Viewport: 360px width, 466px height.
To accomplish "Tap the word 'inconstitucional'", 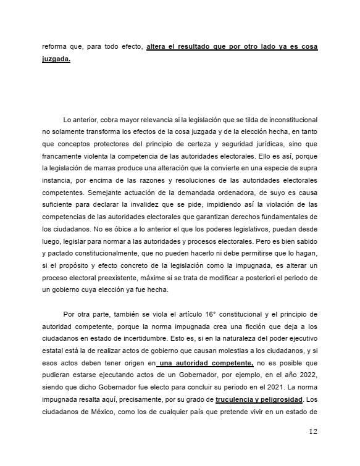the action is pos(293,119).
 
